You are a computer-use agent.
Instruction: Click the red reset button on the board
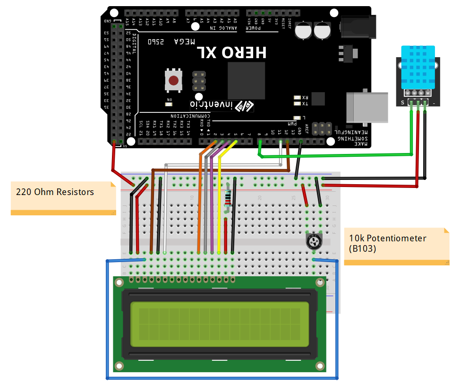click(x=174, y=80)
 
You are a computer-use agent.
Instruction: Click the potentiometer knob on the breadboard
click(x=314, y=242)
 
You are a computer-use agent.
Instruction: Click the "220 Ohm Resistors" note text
click(x=55, y=192)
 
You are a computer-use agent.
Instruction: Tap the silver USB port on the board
click(x=367, y=107)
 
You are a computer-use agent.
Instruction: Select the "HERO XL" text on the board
click(x=231, y=52)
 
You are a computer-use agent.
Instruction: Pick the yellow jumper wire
click(x=220, y=198)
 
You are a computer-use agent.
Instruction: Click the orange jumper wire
click(x=200, y=198)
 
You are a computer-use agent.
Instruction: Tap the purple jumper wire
click(x=213, y=198)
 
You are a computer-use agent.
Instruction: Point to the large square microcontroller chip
click(x=246, y=80)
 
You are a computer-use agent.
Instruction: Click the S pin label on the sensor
click(x=402, y=102)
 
